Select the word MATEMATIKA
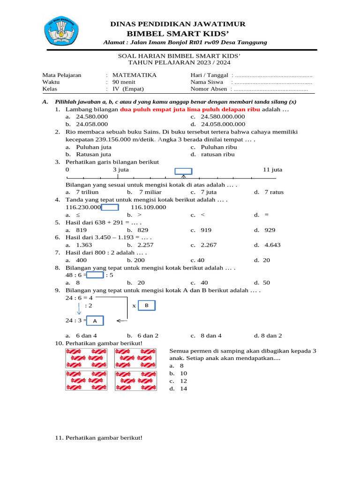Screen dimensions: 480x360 [135, 75]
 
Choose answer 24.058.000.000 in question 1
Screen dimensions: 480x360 [223, 124]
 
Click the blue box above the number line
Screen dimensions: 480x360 [183, 171]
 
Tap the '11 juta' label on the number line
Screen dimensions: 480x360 [273, 170]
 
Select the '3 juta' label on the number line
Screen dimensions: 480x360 [121, 170]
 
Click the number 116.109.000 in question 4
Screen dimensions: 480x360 [148, 207]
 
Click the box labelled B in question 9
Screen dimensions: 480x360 [146, 306]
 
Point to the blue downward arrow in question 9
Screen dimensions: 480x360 [79, 309]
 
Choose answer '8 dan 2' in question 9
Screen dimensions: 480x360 [268, 336]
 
